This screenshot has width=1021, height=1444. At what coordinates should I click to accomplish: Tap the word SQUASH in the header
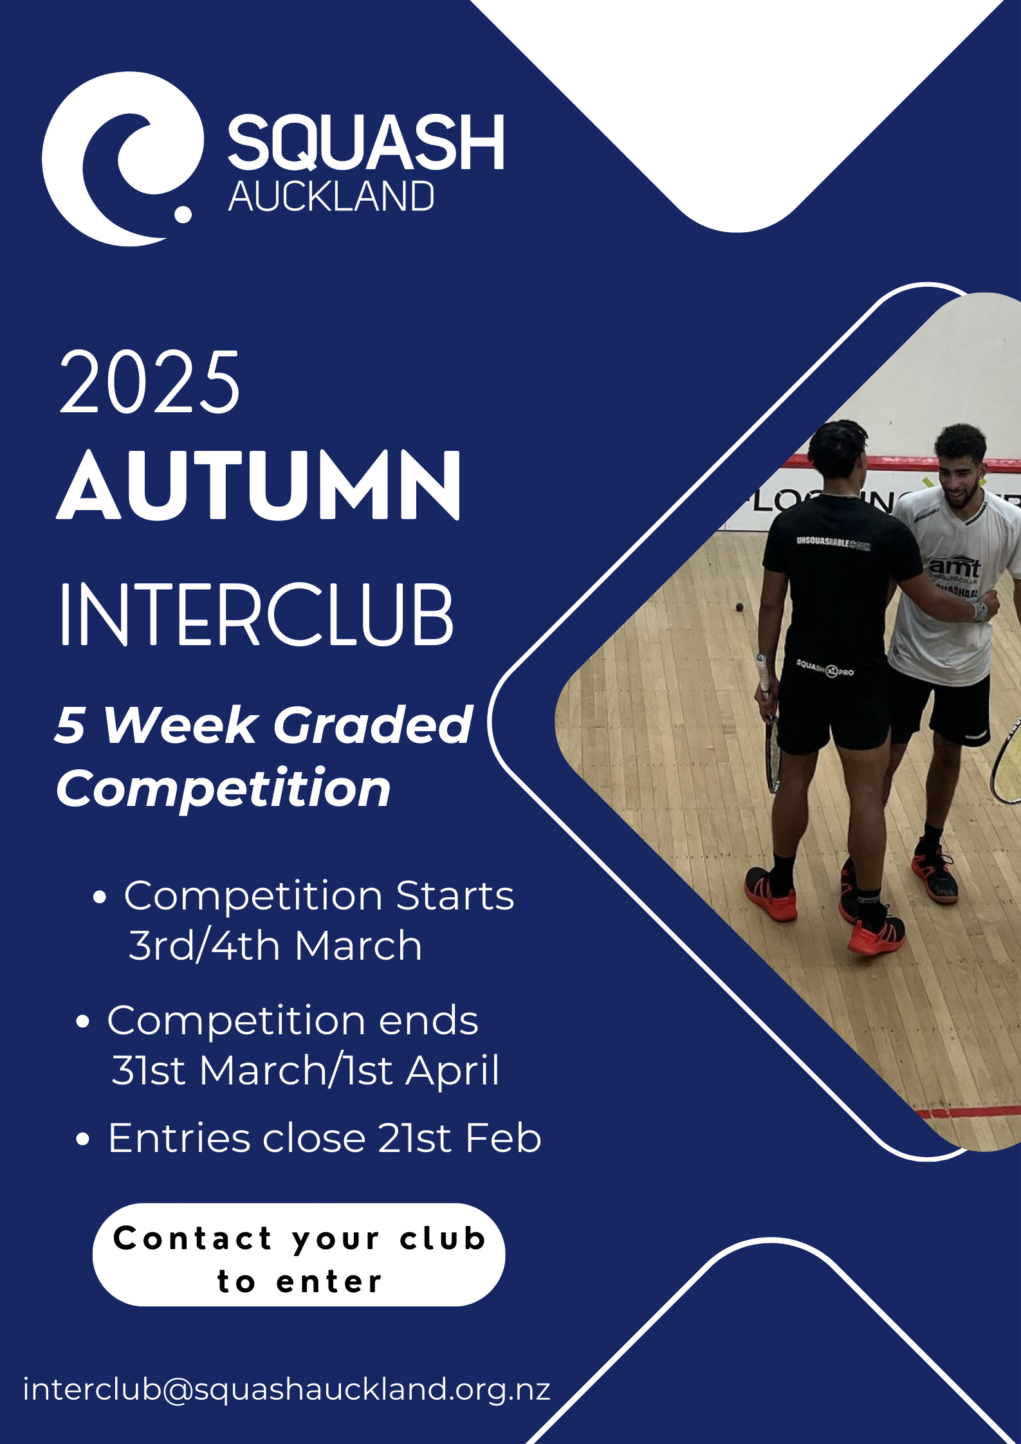[x=366, y=143]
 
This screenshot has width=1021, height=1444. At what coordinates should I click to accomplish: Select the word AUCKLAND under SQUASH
[x=331, y=196]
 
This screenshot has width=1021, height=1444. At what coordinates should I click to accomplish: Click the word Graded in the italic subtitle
[x=373, y=724]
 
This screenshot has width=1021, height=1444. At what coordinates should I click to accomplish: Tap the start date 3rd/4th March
[x=275, y=945]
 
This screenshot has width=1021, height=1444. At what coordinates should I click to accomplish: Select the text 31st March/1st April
[x=305, y=1070]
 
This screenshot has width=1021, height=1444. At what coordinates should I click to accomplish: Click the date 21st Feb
[x=459, y=1138]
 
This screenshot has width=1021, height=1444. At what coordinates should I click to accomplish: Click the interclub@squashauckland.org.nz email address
[x=287, y=1389]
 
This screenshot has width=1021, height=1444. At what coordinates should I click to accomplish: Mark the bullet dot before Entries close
[x=82, y=1139]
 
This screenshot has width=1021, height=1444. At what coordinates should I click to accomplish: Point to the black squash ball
[x=740, y=607]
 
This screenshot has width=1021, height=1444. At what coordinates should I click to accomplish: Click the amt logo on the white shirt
[x=954, y=567]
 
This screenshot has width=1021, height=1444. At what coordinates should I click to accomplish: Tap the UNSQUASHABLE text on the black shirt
[x=833, y=544]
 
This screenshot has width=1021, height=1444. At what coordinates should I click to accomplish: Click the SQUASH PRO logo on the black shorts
[x=825, y=668]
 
